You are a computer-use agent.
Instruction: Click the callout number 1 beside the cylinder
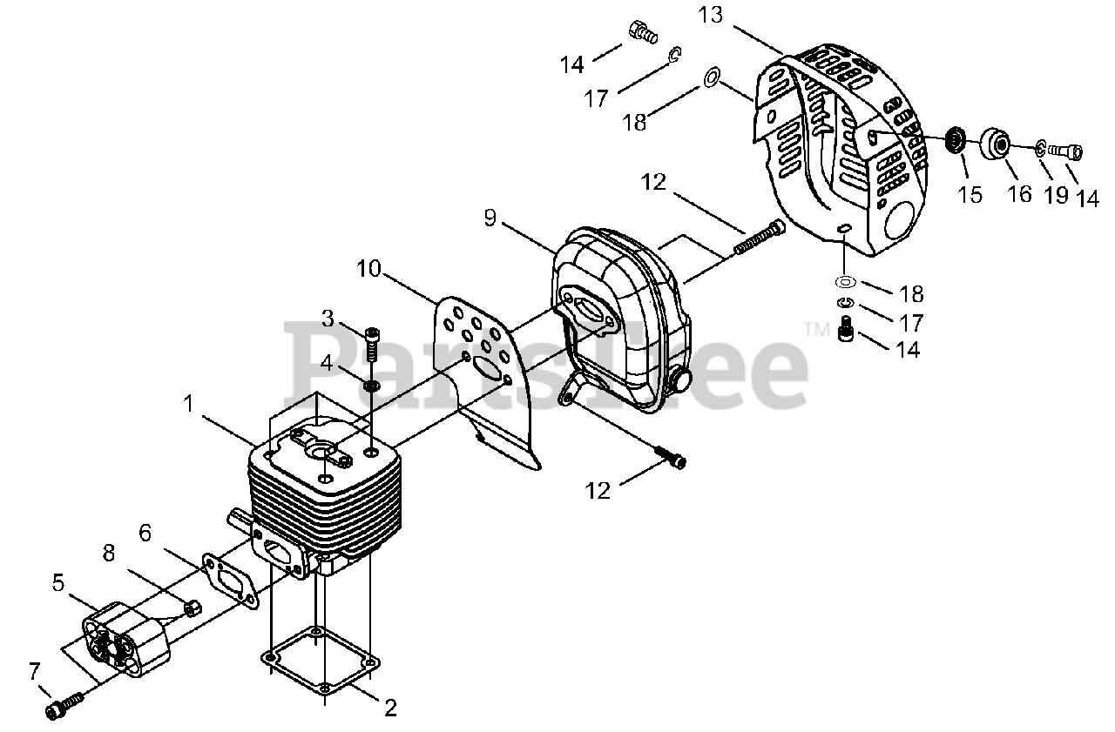click(189, 404)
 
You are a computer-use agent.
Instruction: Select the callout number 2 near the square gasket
click(389, 708)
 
